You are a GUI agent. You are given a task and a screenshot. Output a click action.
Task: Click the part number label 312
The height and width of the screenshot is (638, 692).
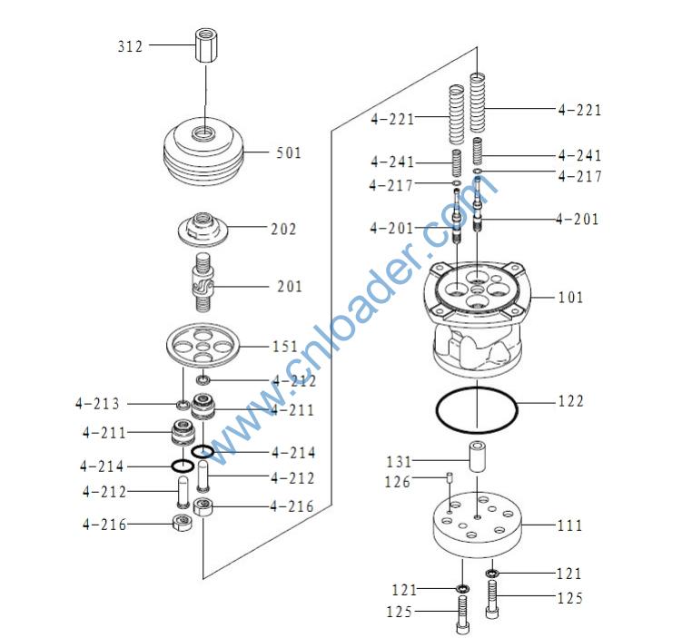point(130,46)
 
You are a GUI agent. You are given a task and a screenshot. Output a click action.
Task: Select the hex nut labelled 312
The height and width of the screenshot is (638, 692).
point(205,44)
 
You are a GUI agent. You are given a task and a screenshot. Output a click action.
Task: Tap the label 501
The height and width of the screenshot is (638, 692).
point(289,152)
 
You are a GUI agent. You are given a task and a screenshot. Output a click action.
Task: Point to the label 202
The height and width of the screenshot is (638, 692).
point(283,230)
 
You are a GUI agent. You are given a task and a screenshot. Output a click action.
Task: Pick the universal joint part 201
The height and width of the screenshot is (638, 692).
point(205,283)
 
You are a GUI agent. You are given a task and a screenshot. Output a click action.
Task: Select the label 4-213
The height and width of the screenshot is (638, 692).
point(97,403)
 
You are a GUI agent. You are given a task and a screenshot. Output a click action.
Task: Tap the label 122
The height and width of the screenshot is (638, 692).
point(570,401)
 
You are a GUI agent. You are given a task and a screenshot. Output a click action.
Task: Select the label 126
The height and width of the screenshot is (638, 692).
point(399,482)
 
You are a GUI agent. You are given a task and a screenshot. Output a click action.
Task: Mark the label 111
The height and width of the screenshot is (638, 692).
point(570,525)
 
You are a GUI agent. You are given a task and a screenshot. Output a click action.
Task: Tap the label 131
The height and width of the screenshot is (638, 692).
point(400,461)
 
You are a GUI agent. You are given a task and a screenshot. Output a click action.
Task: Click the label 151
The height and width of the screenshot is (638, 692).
point(285,347)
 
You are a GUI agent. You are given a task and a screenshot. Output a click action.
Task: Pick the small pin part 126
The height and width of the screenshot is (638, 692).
point(450,480)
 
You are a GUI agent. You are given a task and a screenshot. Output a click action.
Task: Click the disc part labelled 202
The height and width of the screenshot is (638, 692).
point(204,229)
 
